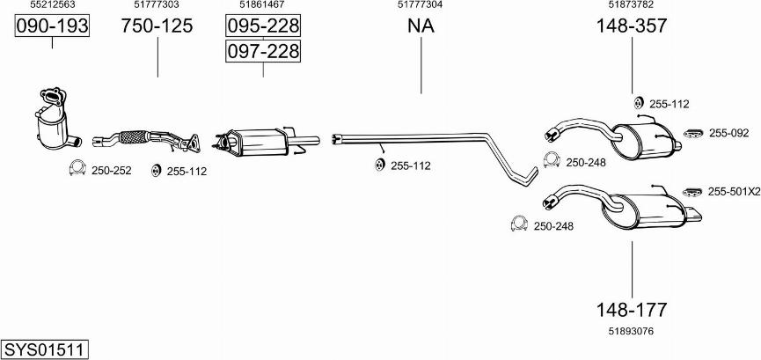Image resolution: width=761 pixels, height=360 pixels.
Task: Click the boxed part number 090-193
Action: coord(52,26)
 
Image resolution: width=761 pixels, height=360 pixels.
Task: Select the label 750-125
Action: coord(157,26)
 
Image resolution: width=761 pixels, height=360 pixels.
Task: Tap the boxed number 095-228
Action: coord(263,26)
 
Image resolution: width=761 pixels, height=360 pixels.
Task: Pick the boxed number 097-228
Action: coord(263,50)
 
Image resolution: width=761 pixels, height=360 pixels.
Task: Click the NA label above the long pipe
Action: coord(421,26)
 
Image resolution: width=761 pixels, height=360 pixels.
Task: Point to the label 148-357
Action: coord(632,26)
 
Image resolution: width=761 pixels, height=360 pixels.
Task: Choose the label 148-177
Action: coord(632,309)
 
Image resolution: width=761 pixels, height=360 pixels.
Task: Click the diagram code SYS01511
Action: coord(45,349)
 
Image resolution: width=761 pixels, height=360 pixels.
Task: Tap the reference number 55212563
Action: coord(53,4)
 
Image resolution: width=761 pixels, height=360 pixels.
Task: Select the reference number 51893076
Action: coord(631,331)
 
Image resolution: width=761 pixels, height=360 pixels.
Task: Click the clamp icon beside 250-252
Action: coord(77,167)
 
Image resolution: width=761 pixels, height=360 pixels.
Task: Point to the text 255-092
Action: coord(729,133)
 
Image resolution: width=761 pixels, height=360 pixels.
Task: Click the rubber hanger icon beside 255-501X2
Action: coord(692,192)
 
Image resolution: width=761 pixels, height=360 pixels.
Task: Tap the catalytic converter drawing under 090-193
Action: coord(53,120)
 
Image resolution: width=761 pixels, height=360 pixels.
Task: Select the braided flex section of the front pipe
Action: coord(134,137)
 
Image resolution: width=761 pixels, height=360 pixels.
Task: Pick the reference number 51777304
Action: coord(421,4)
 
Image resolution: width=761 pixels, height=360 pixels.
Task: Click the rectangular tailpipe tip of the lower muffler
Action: coord(693,214)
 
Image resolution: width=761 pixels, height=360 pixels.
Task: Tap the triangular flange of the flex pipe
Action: coord(194,143)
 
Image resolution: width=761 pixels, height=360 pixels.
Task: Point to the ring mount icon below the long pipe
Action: coord(379,165)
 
